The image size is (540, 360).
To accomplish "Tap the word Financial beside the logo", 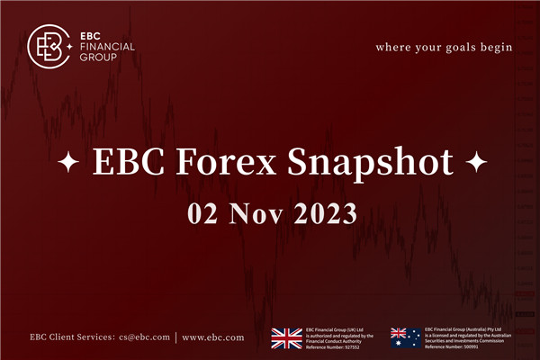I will (x=108, y=46).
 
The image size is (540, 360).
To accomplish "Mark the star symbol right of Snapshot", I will (x=477, y=165).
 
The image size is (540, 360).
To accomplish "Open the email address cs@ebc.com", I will (x=144, y=338).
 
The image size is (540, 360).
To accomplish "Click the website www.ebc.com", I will (x=212, y=338).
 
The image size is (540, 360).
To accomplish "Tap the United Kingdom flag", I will (x=287, y=337).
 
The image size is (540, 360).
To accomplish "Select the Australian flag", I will (x=405, y=337).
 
